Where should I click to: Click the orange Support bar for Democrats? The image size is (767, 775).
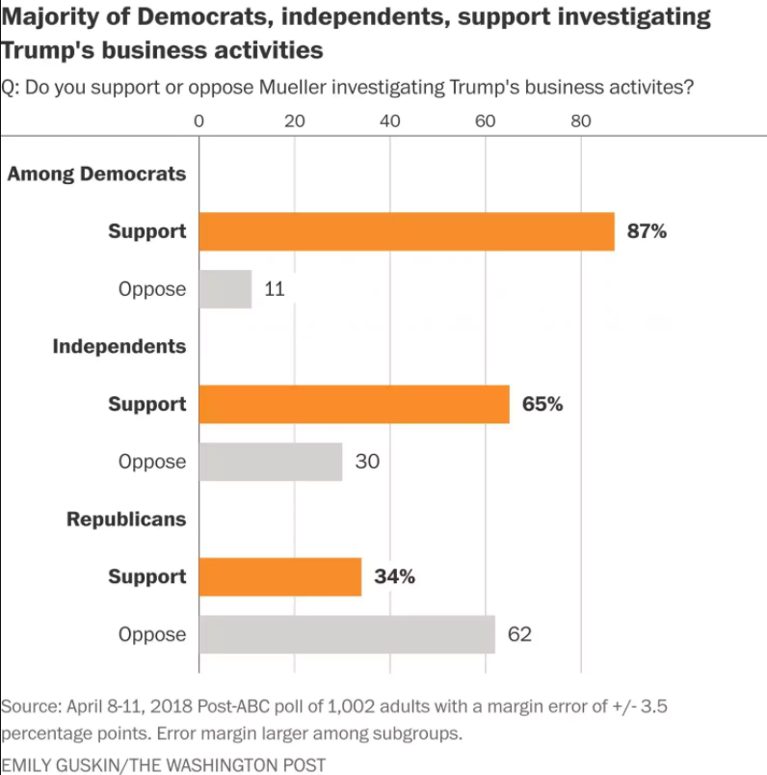click(x=407, y=231)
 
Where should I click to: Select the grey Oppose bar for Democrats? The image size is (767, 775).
click(x=225, y=289)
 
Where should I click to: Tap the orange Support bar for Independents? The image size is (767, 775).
click(x=354, y=404)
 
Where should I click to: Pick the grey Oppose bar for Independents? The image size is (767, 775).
click(x=271, y=462)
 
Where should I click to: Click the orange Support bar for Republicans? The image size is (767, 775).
click(x=280, y=576)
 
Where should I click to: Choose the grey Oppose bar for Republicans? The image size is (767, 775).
click(x=347, y=634)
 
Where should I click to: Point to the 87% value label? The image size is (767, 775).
click(x=647, y=231)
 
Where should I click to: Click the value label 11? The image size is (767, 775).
click(x=274, y=289)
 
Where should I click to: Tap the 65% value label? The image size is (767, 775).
click(x=542, y=404)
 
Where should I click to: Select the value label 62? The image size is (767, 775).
click(x=521, y=634)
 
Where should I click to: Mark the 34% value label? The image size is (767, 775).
click(x=394, y=576)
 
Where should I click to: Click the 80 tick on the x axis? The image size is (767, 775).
click(x=581, y=121)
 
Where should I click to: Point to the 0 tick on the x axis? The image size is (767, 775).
click(x=199, y=121)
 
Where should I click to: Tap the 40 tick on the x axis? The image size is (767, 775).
click(x=390, y=121)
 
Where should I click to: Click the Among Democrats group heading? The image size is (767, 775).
click(x=96, y=174)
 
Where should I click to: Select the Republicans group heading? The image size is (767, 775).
click(x=125, y=519)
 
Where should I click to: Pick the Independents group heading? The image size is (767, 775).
click(x=119, y=346)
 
